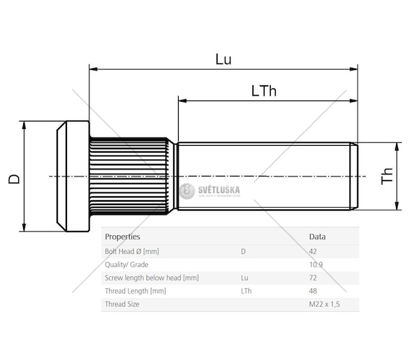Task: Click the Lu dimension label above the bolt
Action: pos(223,59)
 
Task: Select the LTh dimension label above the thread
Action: pos(263,91)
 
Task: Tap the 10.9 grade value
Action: pos(316,264)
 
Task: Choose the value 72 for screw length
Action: pos(314,278)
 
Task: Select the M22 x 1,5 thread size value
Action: pos(325,304)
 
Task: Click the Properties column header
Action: pos(122,237)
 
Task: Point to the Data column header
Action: pos(317,237)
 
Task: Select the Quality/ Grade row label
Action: pos(126,264)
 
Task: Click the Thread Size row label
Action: pos(122,304)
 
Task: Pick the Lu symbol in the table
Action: pos(244,278)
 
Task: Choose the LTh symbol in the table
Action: pos(246,291)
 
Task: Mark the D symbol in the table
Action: pos(242,251)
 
